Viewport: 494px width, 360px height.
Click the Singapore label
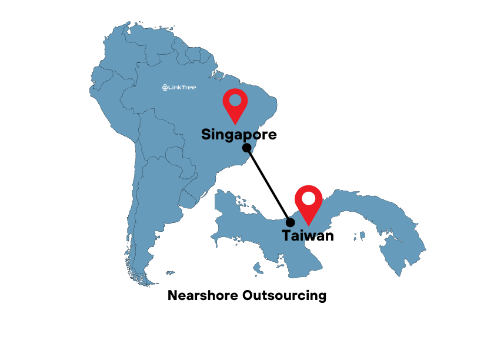coord(239,134)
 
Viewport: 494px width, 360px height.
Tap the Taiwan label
coord(308,236)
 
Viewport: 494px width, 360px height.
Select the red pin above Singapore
coord(235,104)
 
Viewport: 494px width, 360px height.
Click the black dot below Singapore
coord(247,147)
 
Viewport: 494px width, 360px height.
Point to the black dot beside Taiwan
coord(290,222)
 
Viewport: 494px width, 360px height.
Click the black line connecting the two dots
coord(268,185)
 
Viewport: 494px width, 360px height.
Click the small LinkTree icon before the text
coord(165,88)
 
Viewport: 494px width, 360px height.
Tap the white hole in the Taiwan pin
coord(308,198)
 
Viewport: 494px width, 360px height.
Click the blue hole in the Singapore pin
coord(235,101)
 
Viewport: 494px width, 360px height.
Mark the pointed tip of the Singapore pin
coord(235,124)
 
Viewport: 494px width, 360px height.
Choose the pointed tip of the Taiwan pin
coord(308,224)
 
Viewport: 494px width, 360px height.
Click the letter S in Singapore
coord(206,134)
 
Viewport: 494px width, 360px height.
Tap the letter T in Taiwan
coord(286,236)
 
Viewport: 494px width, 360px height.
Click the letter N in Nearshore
coord(172,295)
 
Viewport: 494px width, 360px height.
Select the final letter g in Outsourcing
coord(322,296)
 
